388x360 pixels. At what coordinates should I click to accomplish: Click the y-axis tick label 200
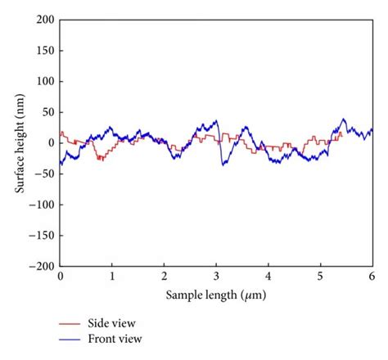[46, 19]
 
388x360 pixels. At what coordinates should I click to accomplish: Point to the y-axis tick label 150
[46, 50]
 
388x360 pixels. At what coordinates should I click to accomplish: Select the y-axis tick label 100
[46, 81]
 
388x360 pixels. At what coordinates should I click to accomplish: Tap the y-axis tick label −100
[43, 205]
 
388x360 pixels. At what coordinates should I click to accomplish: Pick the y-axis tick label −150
[43, 236]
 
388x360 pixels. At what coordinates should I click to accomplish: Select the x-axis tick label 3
[216, 277]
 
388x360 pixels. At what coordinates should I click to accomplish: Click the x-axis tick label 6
[372, 277]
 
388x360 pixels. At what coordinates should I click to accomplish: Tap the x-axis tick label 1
[112, 277]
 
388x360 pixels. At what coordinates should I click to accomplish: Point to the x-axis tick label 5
[320, 277]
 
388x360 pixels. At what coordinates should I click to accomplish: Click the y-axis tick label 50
[48, 112]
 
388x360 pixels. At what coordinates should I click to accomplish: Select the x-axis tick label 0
[61, 277]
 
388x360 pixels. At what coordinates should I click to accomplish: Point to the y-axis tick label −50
[46, 173]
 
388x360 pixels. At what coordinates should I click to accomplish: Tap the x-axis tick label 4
[268, 277]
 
